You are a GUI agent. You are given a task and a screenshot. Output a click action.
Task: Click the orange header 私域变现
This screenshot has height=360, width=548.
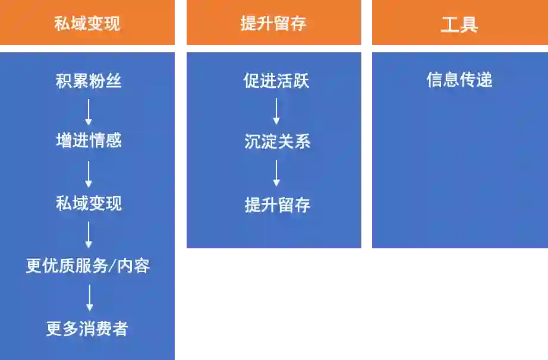(x=87, y=24)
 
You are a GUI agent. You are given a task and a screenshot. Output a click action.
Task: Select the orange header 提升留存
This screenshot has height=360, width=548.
(x=273, y=24)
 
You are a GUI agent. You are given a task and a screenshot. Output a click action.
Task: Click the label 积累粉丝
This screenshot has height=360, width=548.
(x=89, y=81)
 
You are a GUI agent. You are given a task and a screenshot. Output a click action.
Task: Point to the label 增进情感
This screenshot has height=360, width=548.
(x=89, y=141)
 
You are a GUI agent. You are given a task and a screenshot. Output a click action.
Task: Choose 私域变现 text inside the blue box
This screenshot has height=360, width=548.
(x=89, y=204)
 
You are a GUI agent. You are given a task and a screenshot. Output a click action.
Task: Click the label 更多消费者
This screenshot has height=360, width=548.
(x=87, y=329)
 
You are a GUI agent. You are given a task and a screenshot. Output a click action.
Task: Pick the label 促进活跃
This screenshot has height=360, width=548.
(x=276, y=81)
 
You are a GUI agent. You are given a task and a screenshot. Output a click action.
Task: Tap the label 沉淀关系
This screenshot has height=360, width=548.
(x=277, y=142)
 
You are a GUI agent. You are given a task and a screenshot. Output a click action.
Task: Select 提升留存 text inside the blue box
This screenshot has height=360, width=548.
(x=277, y=206)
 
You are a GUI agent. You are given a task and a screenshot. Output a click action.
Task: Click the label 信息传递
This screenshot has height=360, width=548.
(x=459, y=80)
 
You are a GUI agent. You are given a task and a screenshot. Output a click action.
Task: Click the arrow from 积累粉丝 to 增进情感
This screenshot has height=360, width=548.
(x=89, y=112)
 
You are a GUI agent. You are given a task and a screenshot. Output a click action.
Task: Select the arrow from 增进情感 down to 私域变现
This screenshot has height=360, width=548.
(x=89, y=173)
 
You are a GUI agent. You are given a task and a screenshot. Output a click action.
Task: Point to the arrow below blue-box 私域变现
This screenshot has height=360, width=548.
(x=89, y=235)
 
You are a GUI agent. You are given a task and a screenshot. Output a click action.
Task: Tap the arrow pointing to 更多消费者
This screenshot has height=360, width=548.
(x=89, y=297)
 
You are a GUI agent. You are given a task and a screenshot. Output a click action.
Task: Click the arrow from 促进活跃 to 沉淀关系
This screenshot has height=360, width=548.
(x=276, y=111)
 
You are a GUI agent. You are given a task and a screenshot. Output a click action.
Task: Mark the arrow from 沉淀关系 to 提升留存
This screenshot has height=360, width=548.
(x=276, y=173)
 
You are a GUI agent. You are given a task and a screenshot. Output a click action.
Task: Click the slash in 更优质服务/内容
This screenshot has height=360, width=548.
(x=111, y=266)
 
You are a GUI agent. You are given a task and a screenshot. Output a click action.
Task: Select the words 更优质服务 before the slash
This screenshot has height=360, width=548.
(x=67, y=266)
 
